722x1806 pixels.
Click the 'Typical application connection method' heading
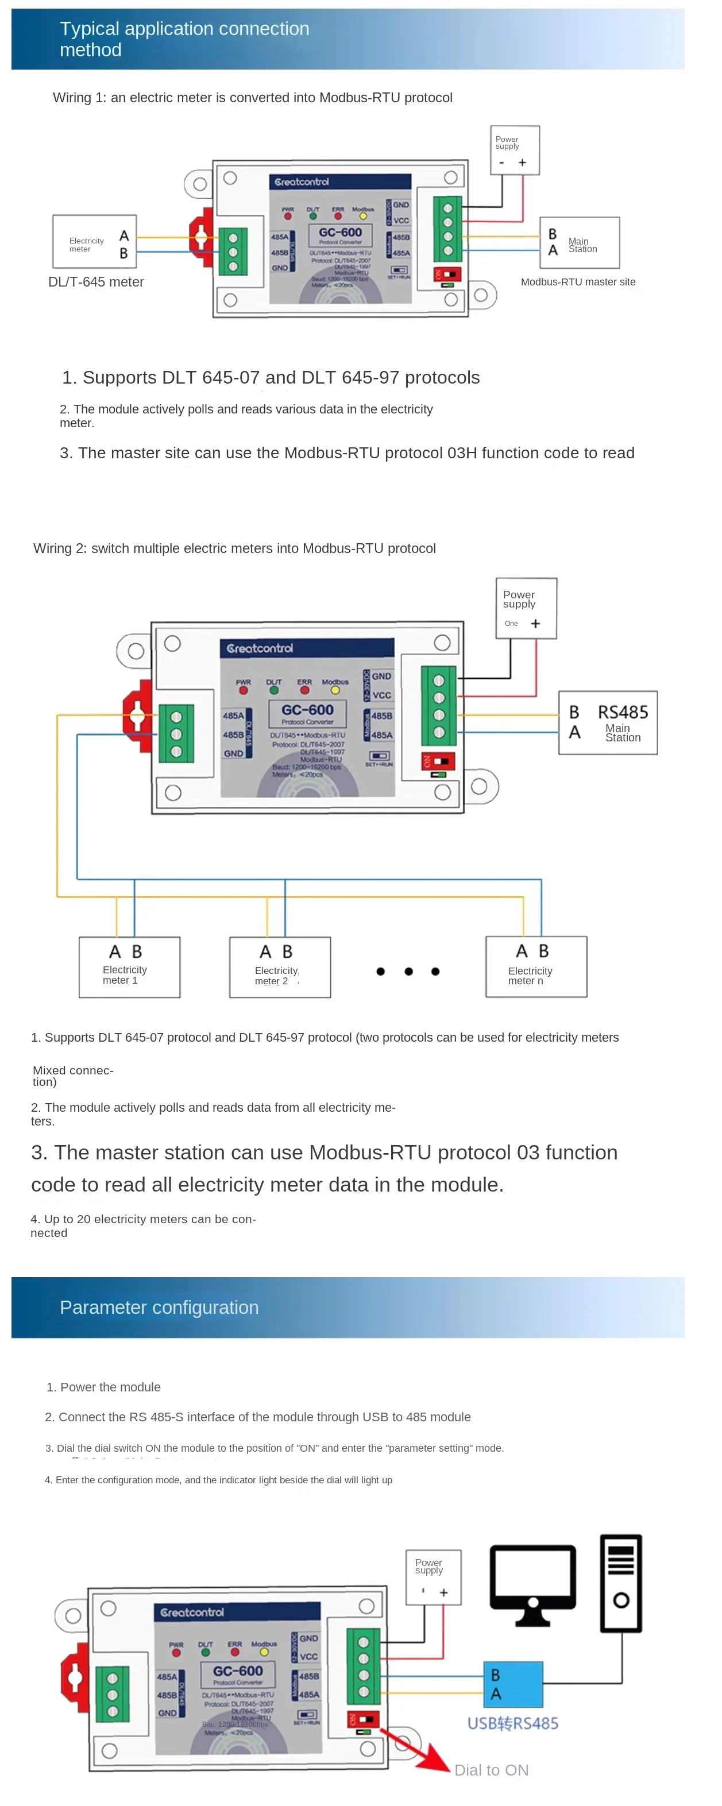[184, 39]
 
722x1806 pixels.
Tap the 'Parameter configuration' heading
[159, 1308]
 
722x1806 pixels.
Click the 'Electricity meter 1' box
[130, 967]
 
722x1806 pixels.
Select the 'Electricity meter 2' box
[280, 968]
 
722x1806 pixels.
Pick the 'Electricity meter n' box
[536, 967]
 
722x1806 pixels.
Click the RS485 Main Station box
[608, 723]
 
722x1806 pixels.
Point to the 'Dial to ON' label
[491, 1770]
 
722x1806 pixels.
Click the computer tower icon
[621, 1583]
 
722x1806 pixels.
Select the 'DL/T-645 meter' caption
[96, 282]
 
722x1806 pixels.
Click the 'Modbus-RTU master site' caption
[578, 282]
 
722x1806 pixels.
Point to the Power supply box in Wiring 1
[515, 149]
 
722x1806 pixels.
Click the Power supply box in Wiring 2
[526, 608]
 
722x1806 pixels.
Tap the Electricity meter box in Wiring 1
[95, 242]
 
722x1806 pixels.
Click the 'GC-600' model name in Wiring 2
[307, 710]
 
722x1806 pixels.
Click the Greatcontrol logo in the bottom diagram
[192, 1612]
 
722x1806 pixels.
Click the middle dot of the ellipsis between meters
[408, 971]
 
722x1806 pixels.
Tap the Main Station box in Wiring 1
[580, 242]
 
